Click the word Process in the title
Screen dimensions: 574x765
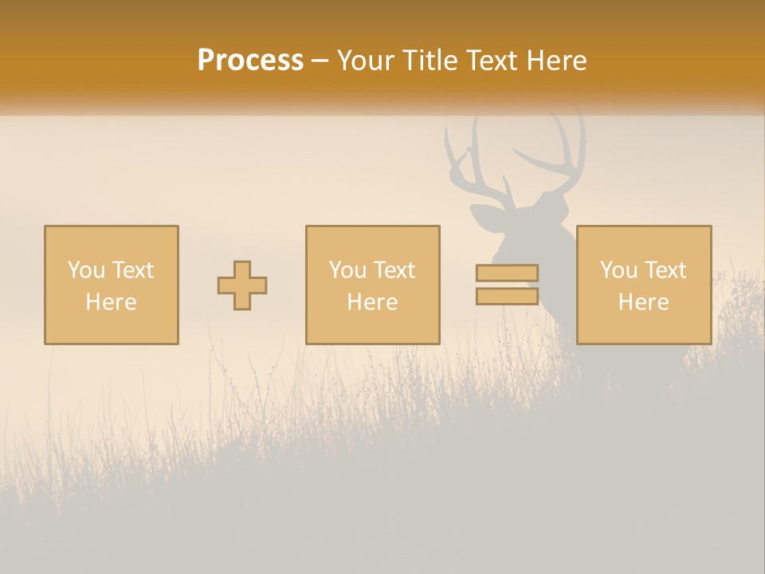(x=250, y=60)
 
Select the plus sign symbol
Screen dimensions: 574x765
(x=242, y=285)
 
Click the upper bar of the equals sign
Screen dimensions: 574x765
(x=507, y=273)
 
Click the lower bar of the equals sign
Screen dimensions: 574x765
(x=507, y=296)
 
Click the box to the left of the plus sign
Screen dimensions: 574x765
(x=112, y=285)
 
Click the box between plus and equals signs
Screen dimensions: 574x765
(x=373, y=285)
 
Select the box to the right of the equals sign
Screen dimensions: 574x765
(x=644, y=285)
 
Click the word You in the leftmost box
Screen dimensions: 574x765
(x=85, y=270)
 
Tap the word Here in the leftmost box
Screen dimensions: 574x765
(x=112, y=302)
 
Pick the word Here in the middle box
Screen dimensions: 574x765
(x=373, y=302)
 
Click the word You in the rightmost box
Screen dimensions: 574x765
(x=618, y=270)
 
